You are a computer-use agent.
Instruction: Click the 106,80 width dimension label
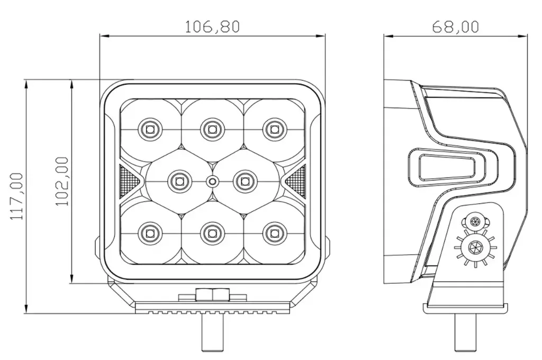(x=212, y=26)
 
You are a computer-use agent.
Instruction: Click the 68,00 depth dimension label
(x=456, y=26)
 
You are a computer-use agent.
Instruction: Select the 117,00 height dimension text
(x=16, y=196)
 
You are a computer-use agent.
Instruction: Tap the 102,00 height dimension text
(x=62, y=181)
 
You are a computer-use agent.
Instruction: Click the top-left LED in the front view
(x=150, y=130)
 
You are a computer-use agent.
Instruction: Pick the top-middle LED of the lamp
(x=212, y=130)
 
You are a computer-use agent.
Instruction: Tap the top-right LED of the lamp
(x=275, y=130)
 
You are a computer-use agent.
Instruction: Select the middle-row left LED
(x=179, y=181)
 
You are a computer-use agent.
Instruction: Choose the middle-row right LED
(x=245, y=181)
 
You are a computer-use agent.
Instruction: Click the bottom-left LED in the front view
(x=150, y=233)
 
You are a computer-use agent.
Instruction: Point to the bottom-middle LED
(x=212, y=233)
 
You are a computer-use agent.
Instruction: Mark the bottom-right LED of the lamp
(x=275, y=233)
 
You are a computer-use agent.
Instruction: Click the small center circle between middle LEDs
(x=212, y=181)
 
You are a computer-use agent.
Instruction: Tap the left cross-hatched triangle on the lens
(x=129, y=181)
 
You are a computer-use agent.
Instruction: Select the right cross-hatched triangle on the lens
(x=295, y=181)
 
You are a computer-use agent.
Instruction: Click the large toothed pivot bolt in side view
(x=475, y=247)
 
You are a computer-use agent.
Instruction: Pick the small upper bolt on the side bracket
(x=475, y=221)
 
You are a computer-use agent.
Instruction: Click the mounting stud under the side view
(x=465, y=332)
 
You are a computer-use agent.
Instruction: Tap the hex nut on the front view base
(x=213, y=295)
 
